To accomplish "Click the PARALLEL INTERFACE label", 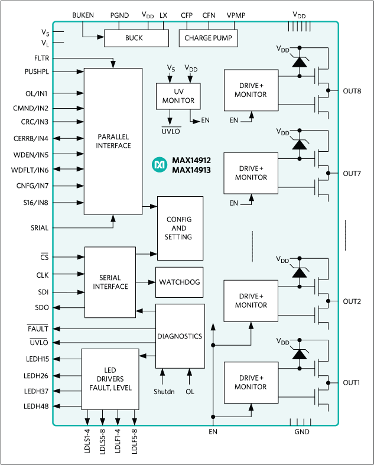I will tap(113, 141).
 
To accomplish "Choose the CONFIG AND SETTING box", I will tap(179, 228).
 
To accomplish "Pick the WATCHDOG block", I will tap(179, 282).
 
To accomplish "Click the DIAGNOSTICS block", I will tap(179, 336).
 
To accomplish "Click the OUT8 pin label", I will tap(353, 92).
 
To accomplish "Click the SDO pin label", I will tap(41, 307).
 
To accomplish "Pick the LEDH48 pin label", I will tap(37, 407).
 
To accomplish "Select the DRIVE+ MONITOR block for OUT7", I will tap(251, 173).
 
